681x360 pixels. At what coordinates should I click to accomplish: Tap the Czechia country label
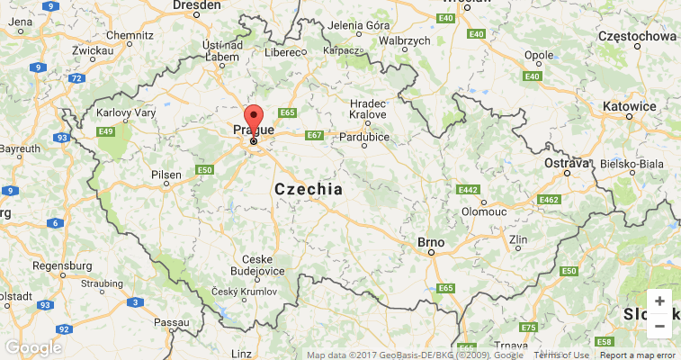coord(309,190)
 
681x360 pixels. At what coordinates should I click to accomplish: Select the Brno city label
coord(431,242)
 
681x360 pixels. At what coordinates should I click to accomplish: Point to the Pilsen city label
coord(166,174)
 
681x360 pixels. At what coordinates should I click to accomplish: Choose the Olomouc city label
coord(484,211)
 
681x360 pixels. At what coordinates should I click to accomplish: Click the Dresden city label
coord(195,5)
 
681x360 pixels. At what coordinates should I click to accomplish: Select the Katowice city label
coord(630,106)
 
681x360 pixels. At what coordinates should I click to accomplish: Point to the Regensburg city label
coord(62,266)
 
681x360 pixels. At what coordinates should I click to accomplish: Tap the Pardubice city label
coord(363,137)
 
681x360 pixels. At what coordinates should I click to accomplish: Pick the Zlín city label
coord(518,239)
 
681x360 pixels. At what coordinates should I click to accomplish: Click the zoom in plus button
coord(659,301)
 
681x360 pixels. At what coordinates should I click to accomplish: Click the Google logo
coord(32,347)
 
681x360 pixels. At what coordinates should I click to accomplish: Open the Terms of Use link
coord(561,355)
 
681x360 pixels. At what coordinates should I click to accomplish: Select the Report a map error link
coord(638,355)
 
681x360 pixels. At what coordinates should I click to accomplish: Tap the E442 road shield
coord(468,190)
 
